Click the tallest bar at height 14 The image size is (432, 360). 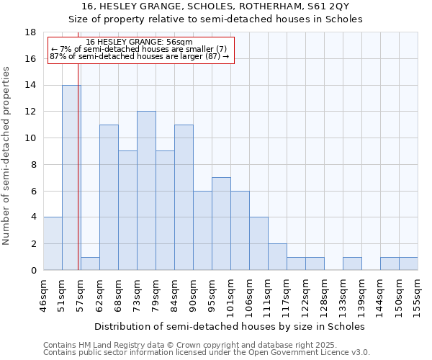click(x=71, y=178)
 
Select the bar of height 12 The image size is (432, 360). click(x=146, y=191)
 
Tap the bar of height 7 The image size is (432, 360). click(x=221, y=224)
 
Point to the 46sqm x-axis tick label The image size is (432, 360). click(x=44, y=293)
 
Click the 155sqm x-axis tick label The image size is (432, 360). click(x=418, y=293)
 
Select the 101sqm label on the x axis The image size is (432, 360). click(x=231, y=293)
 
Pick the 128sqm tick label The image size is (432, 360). click(x=325, y=293)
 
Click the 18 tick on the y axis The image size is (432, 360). click(x=30, y=32)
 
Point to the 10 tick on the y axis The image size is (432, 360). click(x=30, y=138)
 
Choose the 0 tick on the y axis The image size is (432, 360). click(x=33, y=271)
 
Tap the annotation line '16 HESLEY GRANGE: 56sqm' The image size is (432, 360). click(x=139, y=42)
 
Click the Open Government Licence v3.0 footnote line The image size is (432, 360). click(x=207, y=353)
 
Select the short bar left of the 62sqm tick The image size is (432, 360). click(x=90, y=264)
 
